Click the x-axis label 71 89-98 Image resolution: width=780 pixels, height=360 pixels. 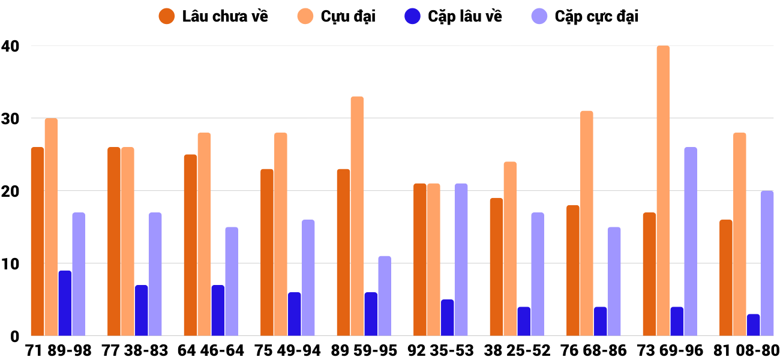[x=58, y=350]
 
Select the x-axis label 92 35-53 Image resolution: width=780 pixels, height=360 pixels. [x=440, y=350]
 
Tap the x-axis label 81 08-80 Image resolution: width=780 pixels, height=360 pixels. [x=746, y=350]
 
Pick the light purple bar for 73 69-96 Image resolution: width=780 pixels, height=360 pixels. [x=691, y=241]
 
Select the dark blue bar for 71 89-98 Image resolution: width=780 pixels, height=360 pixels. [x=65, y=303]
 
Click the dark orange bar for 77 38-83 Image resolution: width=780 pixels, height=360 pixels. [x=114, y=241]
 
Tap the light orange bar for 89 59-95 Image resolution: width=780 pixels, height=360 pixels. [x=357, y=216]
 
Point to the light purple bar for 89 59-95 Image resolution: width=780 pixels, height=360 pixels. [x=385, y=296]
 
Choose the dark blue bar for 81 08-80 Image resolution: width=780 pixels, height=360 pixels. [x=753, y=325]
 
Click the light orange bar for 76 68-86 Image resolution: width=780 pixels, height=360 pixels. [x=587, y=223]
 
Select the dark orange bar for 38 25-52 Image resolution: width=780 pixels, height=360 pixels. [x=496, y=267]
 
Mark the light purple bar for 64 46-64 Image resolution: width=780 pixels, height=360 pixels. [x=232, y=281]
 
